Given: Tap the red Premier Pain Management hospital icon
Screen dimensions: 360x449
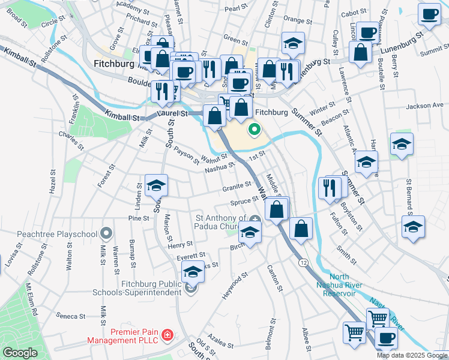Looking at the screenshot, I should (x=169, y=334).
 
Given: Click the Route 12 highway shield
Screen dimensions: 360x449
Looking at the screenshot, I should (x=304, y=263).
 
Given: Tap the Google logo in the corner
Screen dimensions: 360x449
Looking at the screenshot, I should (x=19, y=353).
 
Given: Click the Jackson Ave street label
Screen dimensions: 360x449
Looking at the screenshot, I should (x=424, y=106).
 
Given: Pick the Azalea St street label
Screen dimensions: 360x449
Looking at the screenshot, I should (x=220, y=341).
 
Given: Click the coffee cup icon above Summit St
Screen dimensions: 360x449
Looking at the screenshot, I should (x=429, y=15).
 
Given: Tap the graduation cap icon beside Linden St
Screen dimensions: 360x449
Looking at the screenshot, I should (x=156, y=185).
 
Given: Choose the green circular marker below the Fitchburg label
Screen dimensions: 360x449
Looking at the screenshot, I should (x=255, y=128).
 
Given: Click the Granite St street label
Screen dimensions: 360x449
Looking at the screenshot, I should (x=236, y=188).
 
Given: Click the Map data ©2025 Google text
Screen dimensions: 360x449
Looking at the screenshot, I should (x=411, y=355).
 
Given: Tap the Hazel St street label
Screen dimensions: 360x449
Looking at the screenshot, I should (x=53, y=181).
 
